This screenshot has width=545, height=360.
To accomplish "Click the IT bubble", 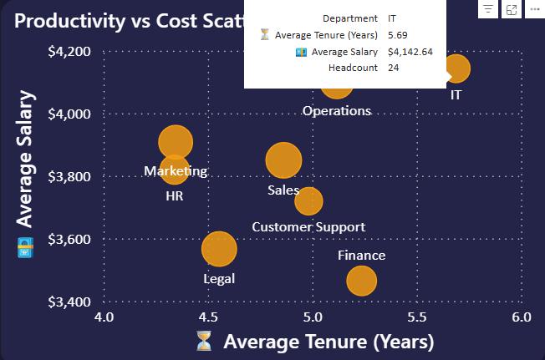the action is pos(456,68).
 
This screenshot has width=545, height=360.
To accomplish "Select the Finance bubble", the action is pos(361,281).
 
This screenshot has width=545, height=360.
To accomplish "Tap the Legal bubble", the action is pos(219,249).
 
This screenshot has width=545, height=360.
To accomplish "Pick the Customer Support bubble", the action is pos(308,201).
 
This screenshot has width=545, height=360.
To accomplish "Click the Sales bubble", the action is pos(283,160).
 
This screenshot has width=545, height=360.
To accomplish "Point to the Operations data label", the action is pos(337,111).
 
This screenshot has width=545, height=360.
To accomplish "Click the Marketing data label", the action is pos(176,171).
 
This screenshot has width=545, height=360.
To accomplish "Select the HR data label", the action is pos(175,196).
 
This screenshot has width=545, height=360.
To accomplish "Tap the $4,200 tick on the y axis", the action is pos(69,52).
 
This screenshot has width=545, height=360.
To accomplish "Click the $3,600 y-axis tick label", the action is pos(69,239).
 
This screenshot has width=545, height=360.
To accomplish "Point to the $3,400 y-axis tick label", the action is pos(69,302).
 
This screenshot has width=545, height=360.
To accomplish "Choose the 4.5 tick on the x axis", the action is pos(208,317).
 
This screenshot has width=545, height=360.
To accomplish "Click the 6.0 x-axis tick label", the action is pos(522,317).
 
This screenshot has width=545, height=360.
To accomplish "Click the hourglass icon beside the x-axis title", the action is pos(204,341).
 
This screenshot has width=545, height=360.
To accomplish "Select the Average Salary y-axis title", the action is pos(25,159).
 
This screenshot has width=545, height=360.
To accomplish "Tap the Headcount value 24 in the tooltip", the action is pos(394,68).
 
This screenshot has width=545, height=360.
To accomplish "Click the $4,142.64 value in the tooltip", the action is pos(410,52).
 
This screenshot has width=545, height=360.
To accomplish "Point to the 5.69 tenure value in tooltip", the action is pos(398,35).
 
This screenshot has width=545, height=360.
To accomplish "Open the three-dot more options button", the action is pos(535,9).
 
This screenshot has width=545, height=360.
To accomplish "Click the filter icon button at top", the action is pos(488,9).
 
